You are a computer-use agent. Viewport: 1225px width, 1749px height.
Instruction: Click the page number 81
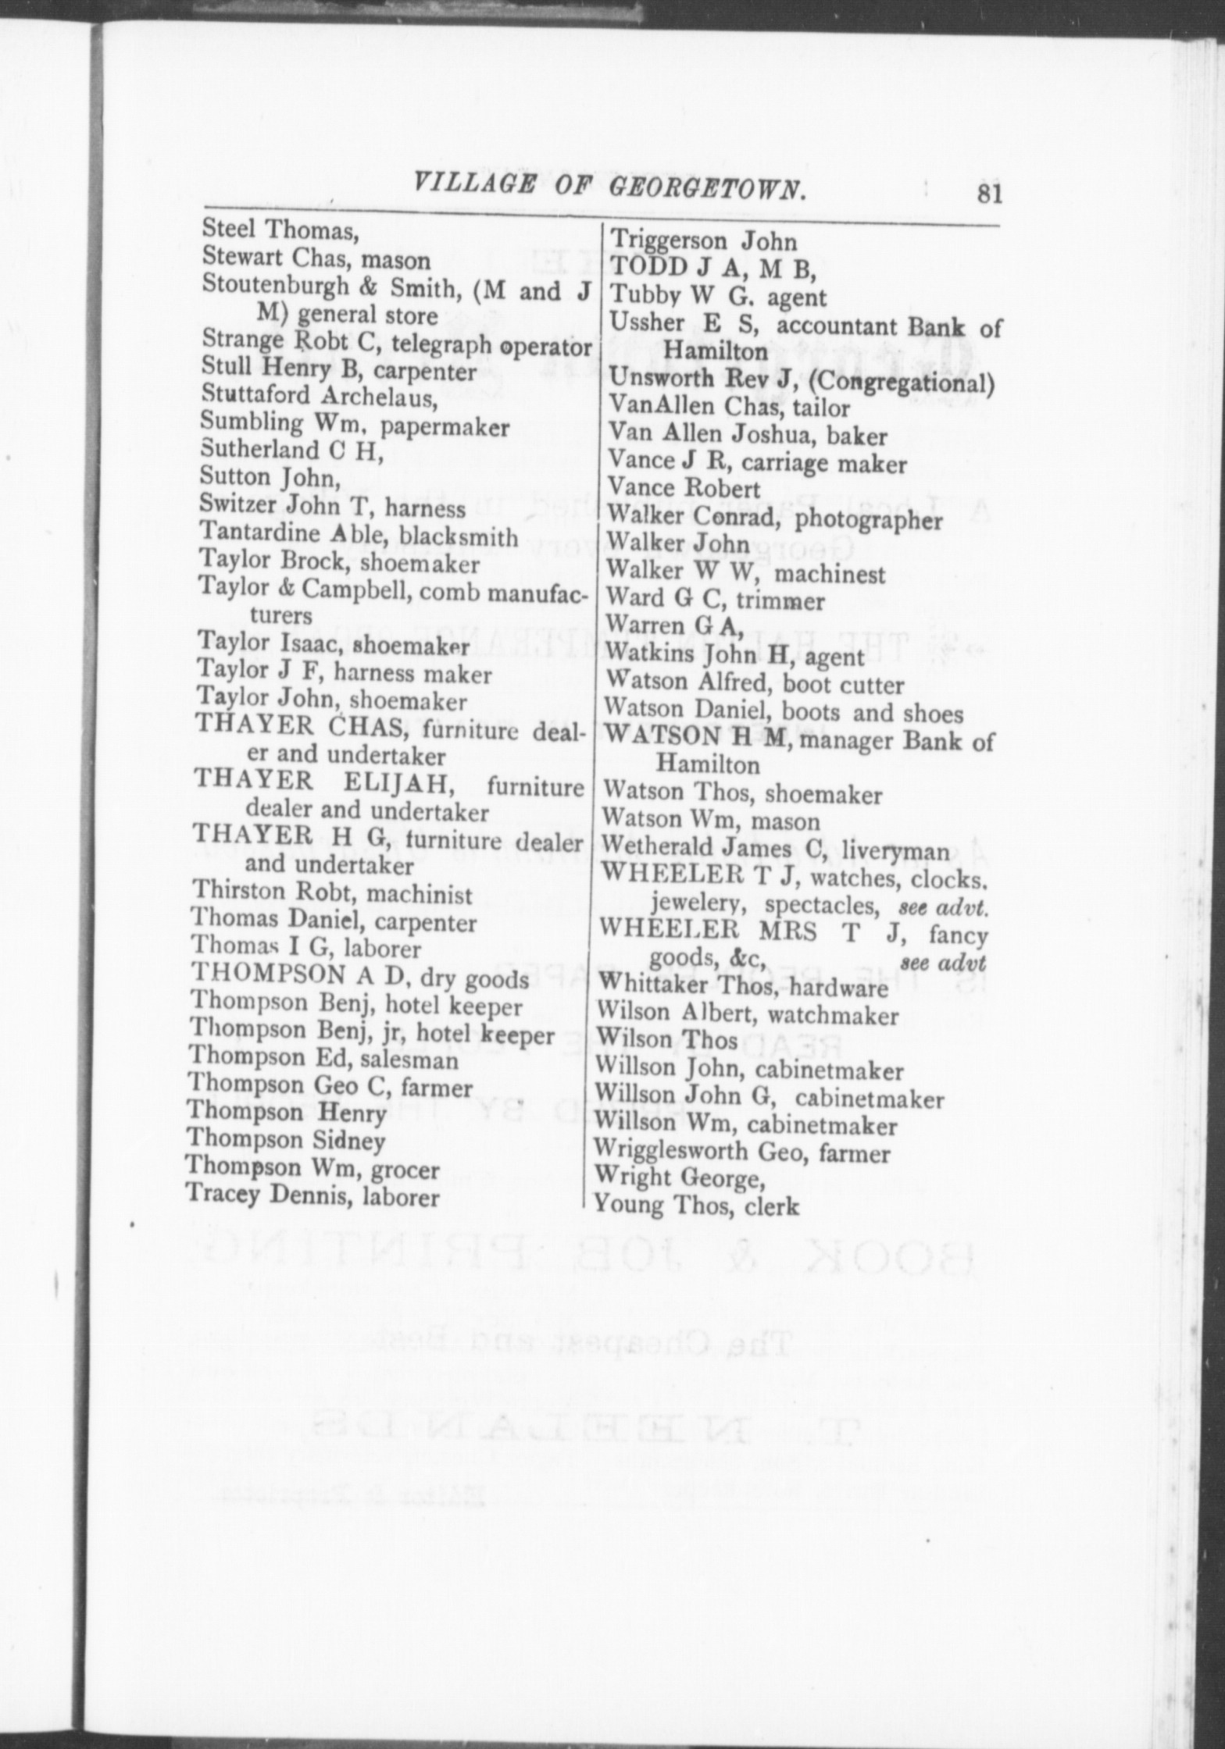click(x=987, y=194)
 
